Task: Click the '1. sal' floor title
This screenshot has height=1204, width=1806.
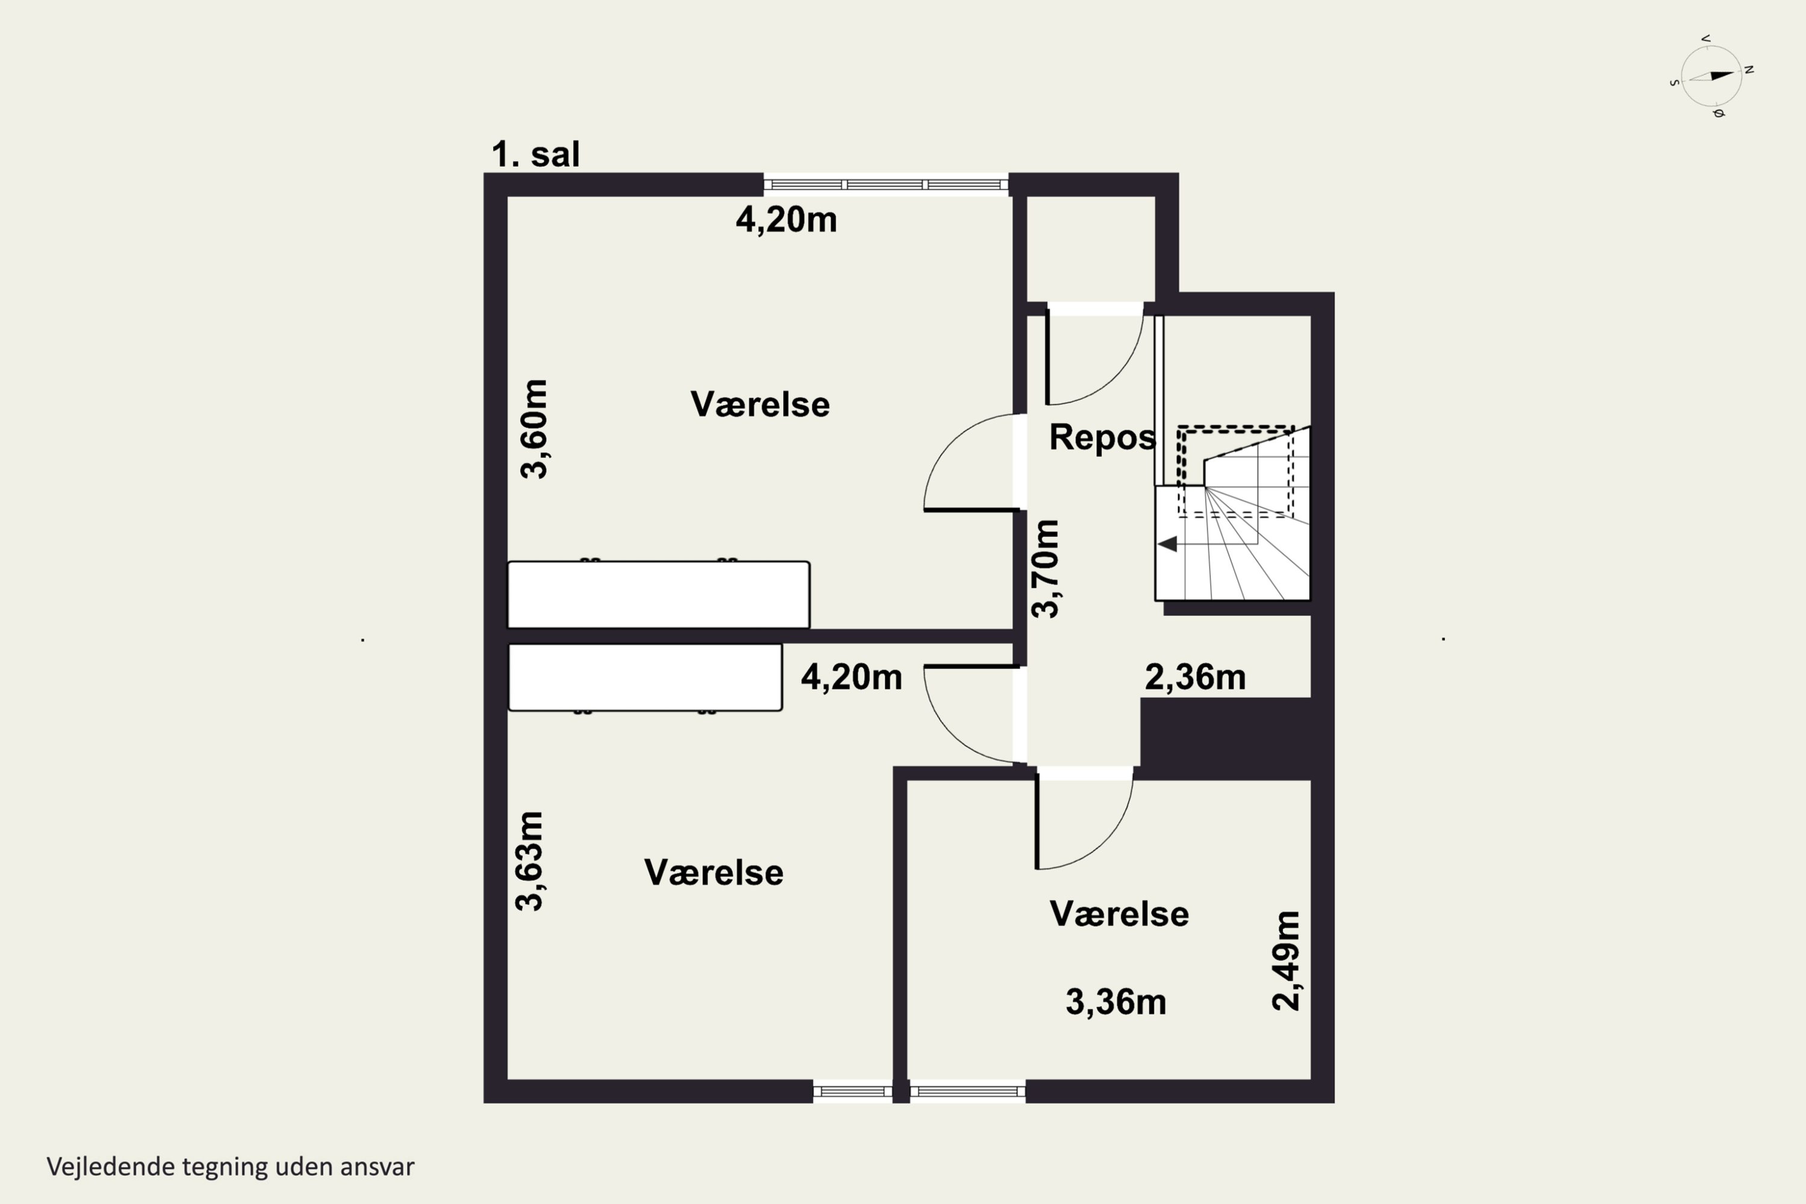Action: click(x=535, y=154)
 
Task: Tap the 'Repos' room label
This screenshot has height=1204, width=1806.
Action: click(x=1102, y=438)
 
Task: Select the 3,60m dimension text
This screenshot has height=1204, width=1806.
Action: click(x=535, y=429)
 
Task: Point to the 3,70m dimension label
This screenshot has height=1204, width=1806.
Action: click(x=1045, y=568)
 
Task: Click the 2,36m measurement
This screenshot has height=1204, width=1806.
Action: click(x=1195, y=677)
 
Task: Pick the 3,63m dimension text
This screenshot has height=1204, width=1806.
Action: click(x=529, y=861)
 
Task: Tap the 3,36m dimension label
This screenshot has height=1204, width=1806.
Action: click(x=1116, y=1002)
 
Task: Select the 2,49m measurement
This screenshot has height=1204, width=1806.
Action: click(x=1286, y=961)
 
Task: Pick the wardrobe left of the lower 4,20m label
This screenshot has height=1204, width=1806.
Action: click(x=645, y=677)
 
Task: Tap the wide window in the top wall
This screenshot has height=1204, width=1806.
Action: click(x=886, y=184)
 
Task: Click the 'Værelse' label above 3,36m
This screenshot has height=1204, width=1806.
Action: click(x=1119, y=914)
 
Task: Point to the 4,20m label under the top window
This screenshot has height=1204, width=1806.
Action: click(x=786, y=220)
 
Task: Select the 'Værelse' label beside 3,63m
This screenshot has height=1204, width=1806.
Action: click(x=713, y=873)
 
